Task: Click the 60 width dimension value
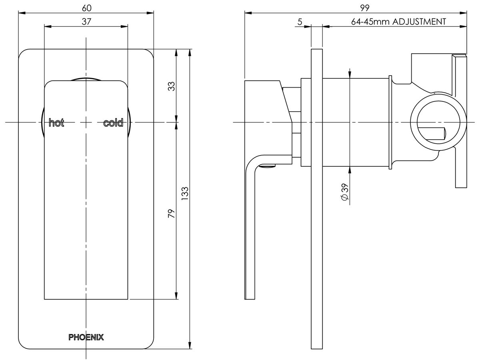coord(86,8)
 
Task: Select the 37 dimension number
coord(86,22)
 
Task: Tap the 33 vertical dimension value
coord(171,86)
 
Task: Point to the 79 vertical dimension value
coord(171,213)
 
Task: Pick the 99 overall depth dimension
coord(364,8)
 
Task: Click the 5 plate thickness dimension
coord(300,22)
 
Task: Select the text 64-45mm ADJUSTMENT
coord(398,22)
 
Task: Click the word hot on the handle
coord(56,123)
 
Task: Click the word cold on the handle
coord(113,123)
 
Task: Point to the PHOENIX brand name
coord(86,337)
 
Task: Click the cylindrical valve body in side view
coord(356,122)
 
